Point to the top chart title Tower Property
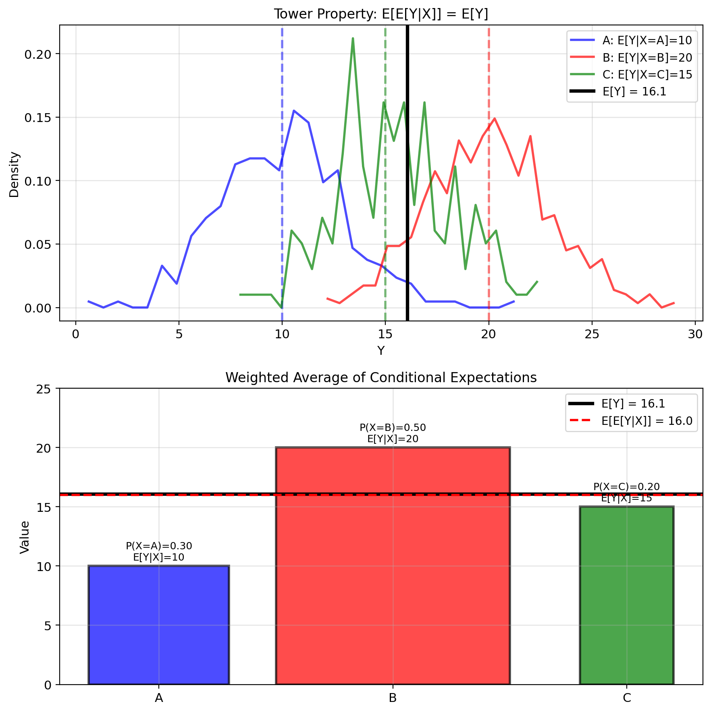(x=381, y=14)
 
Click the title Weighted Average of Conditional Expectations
(x=381, y=377)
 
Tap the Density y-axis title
(x=14, y=174)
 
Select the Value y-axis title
(x=25, y=537)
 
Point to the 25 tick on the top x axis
(x=592, y=335)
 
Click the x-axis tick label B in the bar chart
(x=393, y=698)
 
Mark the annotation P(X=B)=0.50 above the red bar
(x=393, y=427)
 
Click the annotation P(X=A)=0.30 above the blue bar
(x=159, y=546)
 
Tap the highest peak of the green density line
(x=353, y=39)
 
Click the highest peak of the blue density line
(x=294, y=111)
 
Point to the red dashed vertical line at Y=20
(x=489, y=201)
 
